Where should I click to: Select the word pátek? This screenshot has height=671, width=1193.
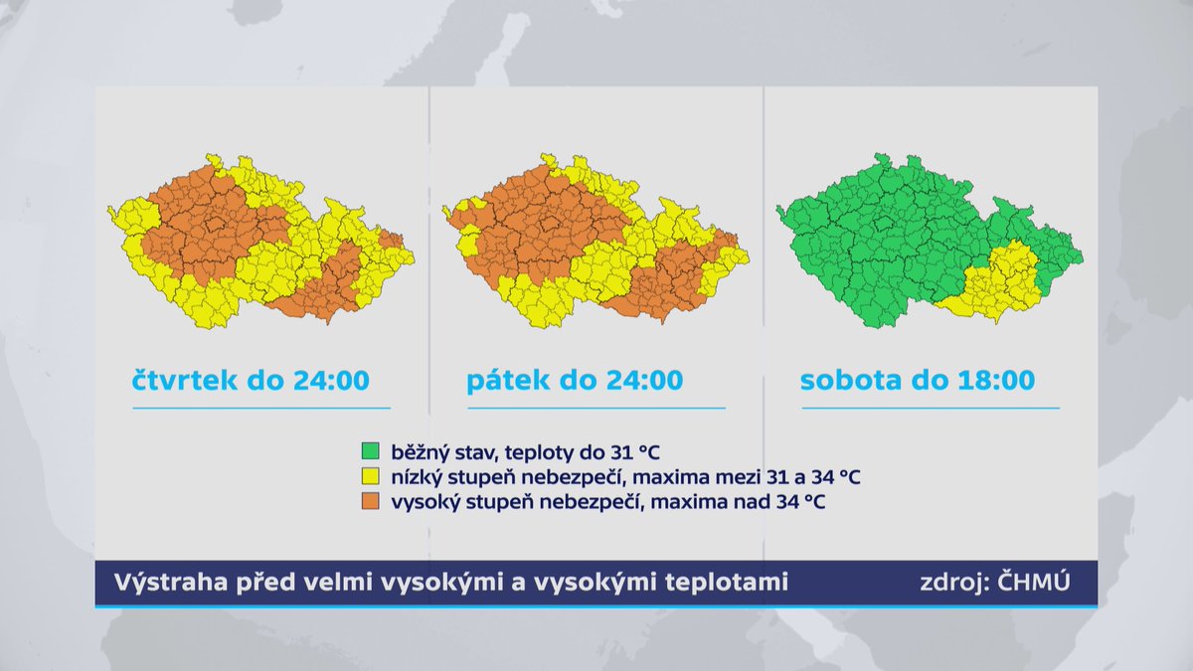click(509, 380)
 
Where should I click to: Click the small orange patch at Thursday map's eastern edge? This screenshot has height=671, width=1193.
click(392, 239)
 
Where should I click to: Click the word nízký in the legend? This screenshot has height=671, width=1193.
click(416, 477)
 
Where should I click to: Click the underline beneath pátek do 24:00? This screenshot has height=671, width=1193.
click(596, 408)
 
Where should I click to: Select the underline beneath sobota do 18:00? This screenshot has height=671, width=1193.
click(931, 408)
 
